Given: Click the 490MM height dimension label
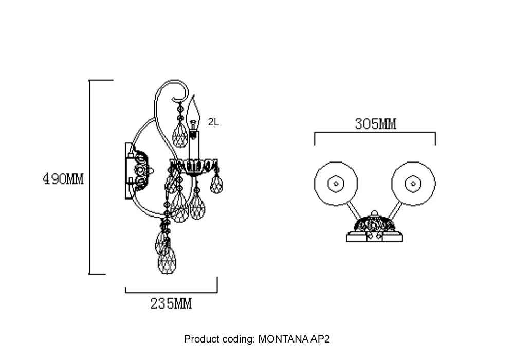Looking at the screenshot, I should pyautogui.click(x=63, y=179).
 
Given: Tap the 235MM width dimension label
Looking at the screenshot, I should pyautogui.click(x=171, y=304).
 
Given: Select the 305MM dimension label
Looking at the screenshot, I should pyautogui.click(x=375, y=124).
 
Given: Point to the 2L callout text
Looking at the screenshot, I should pyautogui.click(x=213, y=122).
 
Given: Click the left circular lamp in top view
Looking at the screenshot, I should pyautogui.click(x=336, y=183).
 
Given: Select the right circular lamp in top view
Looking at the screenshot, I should pyautogui.click(x=413, y=183).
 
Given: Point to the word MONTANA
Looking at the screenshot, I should pyautogui.click(x=284, y=339).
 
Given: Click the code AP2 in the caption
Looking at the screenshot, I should pyautogui.click(x=320, y=339).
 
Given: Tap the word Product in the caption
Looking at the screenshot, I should pyautogui.click(x=202, y=339).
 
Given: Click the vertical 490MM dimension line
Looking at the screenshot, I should pyautogui.click(x=90, y=206).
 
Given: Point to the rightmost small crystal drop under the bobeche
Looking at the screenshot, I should pyautogui.click(x=216, y=184).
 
